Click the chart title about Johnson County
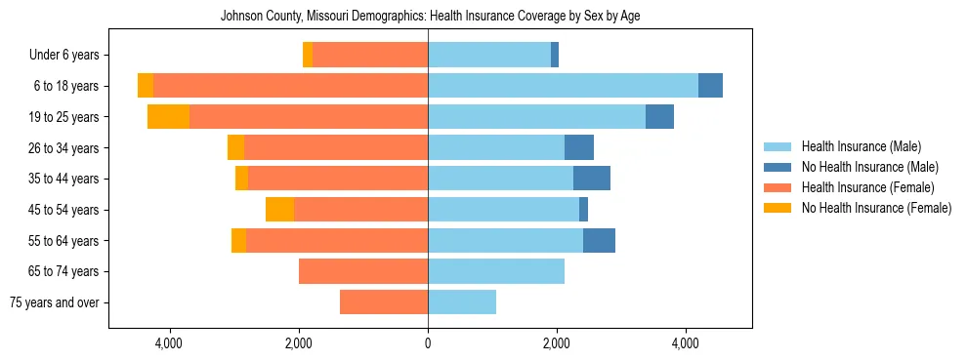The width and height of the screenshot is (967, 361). tap(430, 16)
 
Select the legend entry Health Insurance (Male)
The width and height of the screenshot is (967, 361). tap(861, 147)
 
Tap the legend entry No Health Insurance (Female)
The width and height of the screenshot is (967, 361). tap(876, 208)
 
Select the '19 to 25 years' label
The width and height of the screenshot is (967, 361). tap(63, 117)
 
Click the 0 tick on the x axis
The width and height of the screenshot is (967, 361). tap(428, 343)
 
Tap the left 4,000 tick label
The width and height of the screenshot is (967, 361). tap(169, 343)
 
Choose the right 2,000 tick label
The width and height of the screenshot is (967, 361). tap(557, 343)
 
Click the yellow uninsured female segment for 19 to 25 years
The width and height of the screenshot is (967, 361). tap(168, 117)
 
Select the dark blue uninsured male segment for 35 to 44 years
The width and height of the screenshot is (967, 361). tap(591, 179)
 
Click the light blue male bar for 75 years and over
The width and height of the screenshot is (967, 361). tap(462, 302)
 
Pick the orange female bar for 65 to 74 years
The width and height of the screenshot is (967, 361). tap(363, 271)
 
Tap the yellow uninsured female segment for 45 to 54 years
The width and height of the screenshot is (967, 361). tap(279, 210)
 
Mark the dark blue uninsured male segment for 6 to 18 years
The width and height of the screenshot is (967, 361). tap(710, 86)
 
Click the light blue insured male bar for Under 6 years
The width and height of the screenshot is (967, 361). tap(488, 56)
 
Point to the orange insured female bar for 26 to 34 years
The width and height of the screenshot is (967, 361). tap(336, 147)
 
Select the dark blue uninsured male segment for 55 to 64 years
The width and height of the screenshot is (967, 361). tap(599, 240)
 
